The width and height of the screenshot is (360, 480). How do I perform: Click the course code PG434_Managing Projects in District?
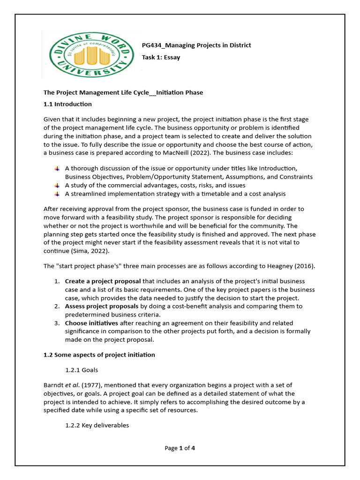(x=196, y=45)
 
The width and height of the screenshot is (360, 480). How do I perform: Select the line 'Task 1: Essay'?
(x=161, y=58)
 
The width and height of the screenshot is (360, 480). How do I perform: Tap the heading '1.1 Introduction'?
(x=67, y=104)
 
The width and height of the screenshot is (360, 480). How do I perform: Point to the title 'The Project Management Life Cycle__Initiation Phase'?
(x=123, y=92)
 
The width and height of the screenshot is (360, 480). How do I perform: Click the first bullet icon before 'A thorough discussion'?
(x=57, y=168)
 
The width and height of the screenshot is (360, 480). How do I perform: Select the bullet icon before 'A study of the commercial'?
(x=57, y=185)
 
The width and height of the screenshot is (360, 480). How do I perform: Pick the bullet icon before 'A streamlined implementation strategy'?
(x=57, y=194)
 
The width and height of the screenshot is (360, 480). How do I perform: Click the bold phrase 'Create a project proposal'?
(x=103, y=281)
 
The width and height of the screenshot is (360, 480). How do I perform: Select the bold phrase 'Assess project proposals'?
(x=101, y=306)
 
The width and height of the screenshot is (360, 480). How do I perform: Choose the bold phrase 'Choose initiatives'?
(x=91, y=323)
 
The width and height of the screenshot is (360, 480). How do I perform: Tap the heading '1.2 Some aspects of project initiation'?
(x=99, y=355)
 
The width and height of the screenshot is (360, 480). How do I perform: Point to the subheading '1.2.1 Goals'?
(x=82, y=370)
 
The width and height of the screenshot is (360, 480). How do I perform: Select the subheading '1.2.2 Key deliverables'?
(x=97, y=426)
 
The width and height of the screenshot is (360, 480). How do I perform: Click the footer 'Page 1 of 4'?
(x=180, y=448)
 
